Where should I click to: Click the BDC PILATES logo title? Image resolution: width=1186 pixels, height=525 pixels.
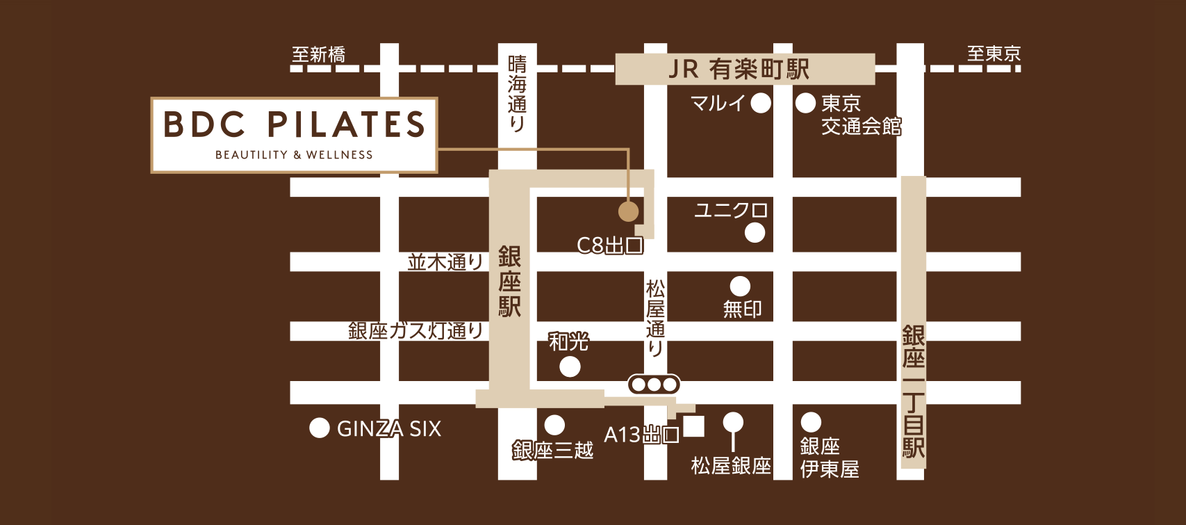[294, 125]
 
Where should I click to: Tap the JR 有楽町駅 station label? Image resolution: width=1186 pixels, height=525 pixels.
[739, 70]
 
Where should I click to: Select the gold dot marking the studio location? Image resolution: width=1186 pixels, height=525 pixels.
[628, 211]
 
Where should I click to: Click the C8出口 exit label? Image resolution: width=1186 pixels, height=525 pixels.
[609, 245]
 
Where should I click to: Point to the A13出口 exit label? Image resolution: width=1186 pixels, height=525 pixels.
[641, 435]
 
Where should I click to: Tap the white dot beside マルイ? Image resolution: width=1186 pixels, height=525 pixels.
[761, 104]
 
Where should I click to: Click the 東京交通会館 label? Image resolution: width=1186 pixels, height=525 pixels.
[861, 115]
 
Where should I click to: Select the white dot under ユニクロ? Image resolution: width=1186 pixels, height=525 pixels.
[755, 233]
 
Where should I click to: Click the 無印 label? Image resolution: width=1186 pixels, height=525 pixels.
[742, 309]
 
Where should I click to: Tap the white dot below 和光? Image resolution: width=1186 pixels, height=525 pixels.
[570, 366]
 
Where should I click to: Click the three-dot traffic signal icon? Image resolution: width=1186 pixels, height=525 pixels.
[654, 384]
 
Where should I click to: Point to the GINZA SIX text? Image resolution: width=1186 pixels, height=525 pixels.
[389, 429]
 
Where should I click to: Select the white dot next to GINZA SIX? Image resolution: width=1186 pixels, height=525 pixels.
[319, 428]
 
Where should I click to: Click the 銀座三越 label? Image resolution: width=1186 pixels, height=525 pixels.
[552, 451]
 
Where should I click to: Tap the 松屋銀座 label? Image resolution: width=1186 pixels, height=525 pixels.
[731, 466]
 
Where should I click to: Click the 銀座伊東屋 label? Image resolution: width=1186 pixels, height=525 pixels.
[829, 458]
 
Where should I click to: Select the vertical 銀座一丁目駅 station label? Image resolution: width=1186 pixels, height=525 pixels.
[913, 391]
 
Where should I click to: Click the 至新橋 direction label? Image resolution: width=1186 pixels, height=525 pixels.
[318, 54]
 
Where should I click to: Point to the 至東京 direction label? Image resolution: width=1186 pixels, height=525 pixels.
[994, 54]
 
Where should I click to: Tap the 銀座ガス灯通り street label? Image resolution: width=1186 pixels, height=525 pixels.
[415, 330]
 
